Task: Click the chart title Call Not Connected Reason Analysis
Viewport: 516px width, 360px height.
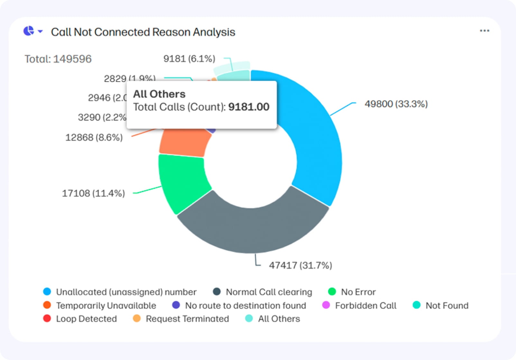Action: [143, 32]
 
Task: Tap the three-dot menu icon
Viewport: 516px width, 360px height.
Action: [484, 31]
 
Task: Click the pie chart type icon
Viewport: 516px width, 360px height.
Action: [29, 31]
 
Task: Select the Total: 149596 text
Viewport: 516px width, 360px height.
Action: [58, 59]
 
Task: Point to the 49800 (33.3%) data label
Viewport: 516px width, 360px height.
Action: [396, 104]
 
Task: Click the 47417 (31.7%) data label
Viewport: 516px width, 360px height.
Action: [300, 265]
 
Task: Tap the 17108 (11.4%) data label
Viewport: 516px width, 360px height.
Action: [93, 194]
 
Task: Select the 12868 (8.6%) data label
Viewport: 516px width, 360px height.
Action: [94, 138]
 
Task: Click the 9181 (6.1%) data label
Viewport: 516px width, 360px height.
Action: [189, 59]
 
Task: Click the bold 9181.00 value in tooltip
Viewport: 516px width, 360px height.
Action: [249, 107]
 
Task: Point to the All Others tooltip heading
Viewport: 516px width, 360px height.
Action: [159, 94]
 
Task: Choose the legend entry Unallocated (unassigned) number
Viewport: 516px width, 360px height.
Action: [126, 292]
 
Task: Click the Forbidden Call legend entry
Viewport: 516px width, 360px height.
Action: [365, 305]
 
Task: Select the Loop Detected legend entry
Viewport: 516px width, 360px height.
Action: [86, 319]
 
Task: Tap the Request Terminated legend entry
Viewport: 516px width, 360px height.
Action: [187, 319]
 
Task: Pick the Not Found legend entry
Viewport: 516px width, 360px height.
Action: [447, 305]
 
